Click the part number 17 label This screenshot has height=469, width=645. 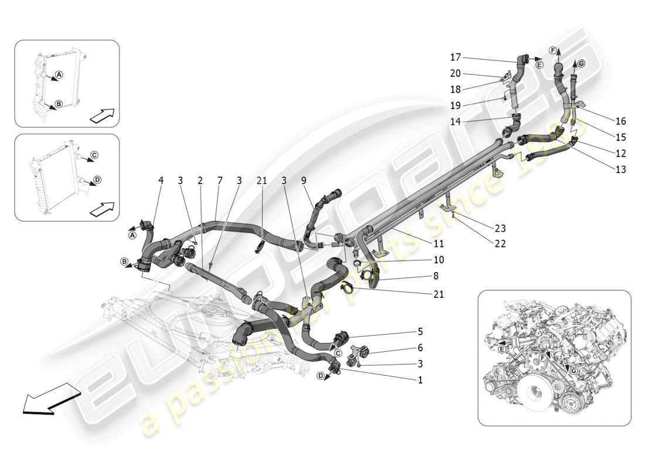(456, 57)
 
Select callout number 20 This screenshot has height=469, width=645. (456, 74)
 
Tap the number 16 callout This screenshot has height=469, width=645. (621, 121)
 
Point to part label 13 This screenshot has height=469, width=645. (621, 170)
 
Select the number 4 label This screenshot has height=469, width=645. (161, 181)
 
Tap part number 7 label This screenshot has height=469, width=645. (219, 181)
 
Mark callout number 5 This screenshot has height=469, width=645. (420, 331)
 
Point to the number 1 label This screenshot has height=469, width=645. (420, 380)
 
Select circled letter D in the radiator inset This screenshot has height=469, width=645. (97, 179)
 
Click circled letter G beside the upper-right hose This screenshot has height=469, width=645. (581, 63)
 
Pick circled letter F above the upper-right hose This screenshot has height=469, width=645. (553, 50)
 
